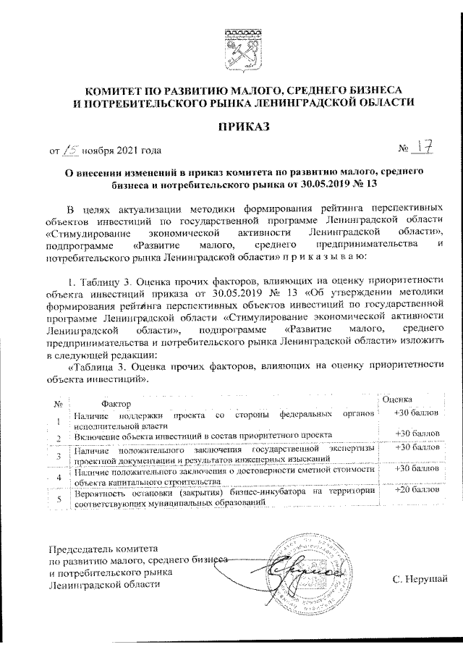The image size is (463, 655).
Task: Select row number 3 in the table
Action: [x=59, y=455]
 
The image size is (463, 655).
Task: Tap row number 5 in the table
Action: [x=59, y=499]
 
